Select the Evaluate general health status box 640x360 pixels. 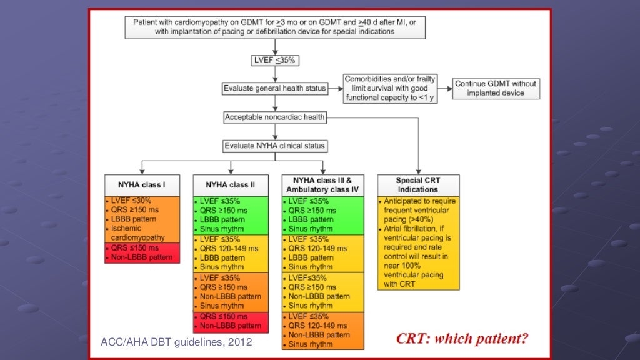[275, 89]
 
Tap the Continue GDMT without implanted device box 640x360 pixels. [495, 88]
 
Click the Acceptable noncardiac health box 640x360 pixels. [275, 117]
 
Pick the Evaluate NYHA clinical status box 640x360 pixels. [275, 146]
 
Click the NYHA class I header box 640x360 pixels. [142, 185]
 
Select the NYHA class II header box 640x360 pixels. [231, 185]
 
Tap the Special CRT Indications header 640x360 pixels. [417, 185]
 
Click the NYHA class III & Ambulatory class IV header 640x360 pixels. [322, 185]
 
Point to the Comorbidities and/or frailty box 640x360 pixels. [390, 88]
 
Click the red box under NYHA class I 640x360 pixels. [142, 253]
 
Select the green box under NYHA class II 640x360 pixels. [231, 216]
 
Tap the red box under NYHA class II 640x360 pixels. [231, 321]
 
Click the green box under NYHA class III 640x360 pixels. [322, 216]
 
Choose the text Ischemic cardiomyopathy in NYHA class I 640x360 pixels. [137, 233]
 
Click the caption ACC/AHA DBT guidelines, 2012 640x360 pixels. [176, 342]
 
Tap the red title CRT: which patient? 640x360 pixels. [462, 339]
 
